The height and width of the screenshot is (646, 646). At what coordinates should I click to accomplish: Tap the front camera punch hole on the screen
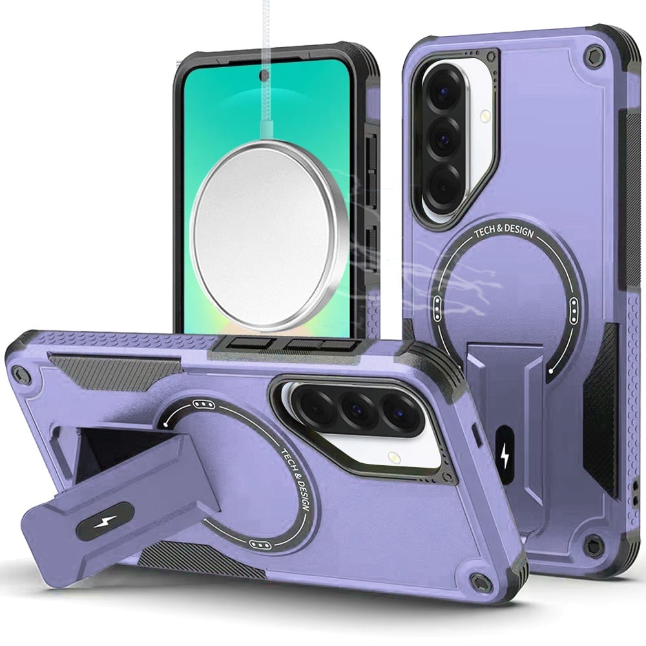264,75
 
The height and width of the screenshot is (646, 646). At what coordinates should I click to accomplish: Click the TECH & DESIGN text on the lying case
295,479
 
